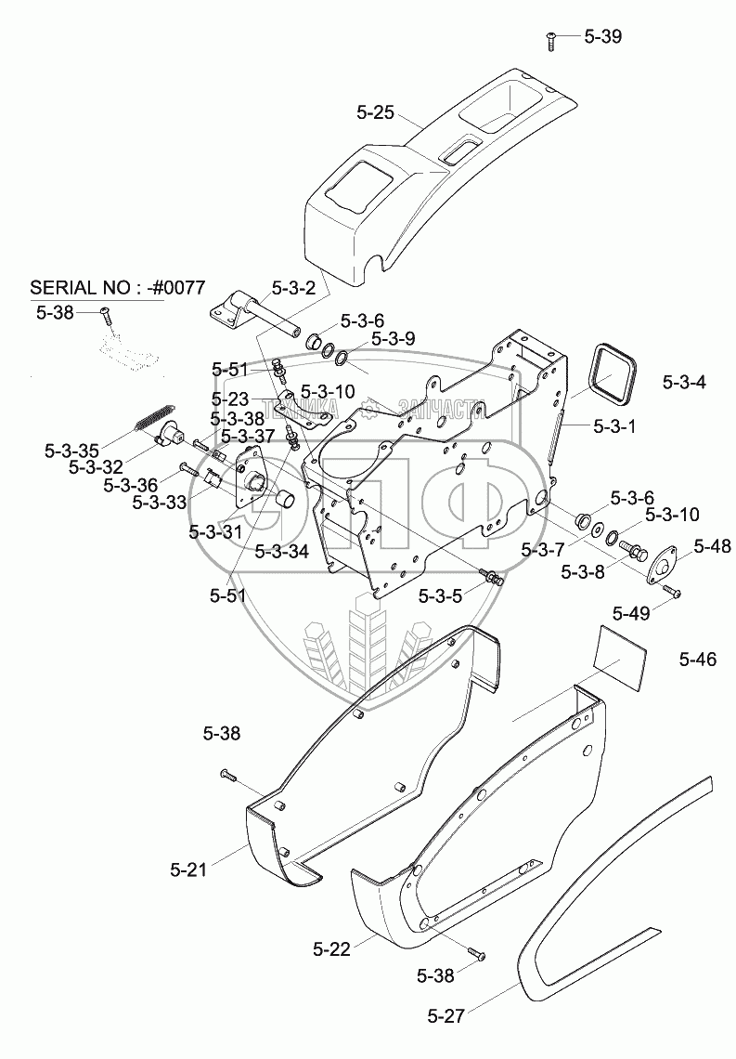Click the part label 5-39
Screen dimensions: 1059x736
[x=602, y=37]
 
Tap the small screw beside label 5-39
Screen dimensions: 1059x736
[x=550, y=39]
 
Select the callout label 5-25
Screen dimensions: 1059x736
[x=376, y=113]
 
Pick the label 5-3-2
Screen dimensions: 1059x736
[x=294, y=288]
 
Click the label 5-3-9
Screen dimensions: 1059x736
[x=394, y=338]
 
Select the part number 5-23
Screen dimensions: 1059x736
[x=230, y=399]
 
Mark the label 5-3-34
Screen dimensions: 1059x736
[x=281, y=550]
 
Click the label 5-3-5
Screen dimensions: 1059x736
[x=441, y=595]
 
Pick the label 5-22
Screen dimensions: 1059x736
[x=331, y=948]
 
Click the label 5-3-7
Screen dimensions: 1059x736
[x=543, y=549]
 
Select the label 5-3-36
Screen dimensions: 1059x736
[x=130, y=485]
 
